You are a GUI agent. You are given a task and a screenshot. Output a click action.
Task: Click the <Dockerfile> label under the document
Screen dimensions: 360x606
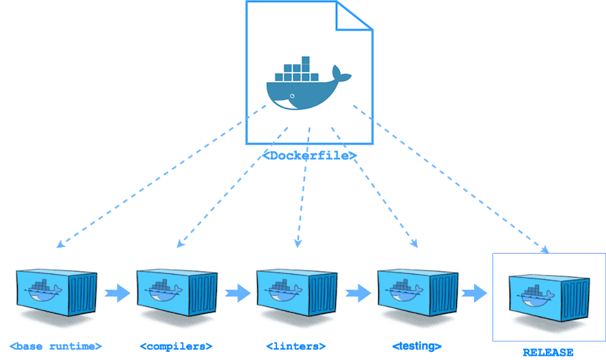pos(310,155)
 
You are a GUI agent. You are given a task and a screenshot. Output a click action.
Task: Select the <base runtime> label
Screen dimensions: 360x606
pos(57,345)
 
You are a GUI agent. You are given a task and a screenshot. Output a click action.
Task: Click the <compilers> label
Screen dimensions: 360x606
pos(176,345)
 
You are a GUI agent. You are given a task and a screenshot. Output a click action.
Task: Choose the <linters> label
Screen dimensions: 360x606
pos(296,345)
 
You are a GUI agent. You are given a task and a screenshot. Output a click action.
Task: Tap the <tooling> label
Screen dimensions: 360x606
pos(417,345)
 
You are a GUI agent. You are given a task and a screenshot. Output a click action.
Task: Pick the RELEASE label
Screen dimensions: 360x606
pos(548,352)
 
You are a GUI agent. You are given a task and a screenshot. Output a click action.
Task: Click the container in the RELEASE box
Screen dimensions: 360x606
pos(548,294)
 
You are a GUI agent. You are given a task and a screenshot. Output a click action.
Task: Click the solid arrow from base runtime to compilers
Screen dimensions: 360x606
pos(117,294)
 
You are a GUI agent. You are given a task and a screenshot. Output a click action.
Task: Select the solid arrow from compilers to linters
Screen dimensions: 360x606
pos(237,294)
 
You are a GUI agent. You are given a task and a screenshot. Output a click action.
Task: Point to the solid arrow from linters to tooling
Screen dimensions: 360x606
pos(357,294)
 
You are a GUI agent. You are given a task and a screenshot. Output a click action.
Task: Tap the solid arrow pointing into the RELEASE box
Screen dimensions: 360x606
pos(475,294)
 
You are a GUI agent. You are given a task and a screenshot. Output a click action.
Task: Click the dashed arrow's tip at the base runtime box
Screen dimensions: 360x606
pos(58,243)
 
